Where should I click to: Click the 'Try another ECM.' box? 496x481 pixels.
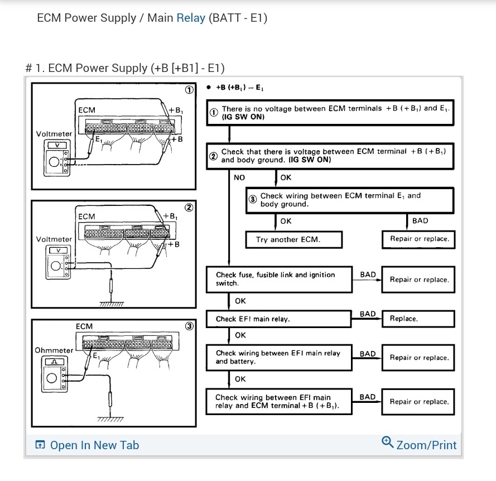(287, 240)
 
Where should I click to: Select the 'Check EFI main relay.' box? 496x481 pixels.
(279, 319)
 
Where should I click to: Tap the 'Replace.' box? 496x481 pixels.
(418, 319)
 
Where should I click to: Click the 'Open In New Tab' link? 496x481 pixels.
(86, 445)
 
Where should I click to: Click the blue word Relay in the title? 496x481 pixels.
(191, 18)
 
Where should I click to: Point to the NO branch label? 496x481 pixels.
(239, 177)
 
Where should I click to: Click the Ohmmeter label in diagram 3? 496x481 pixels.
(54, 350)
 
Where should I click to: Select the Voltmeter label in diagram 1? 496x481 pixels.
(54, 134)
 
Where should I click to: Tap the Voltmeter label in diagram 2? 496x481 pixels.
(54, 239)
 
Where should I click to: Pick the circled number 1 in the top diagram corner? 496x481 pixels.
(189, 90)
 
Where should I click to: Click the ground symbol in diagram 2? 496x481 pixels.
(112, 304)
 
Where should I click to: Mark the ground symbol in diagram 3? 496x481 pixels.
(110, 419)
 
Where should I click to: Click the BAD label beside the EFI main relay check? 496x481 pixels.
(368, 314)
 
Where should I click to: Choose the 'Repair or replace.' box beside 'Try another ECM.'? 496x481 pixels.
(418, 239)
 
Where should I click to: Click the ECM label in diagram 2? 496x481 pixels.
(86, 217)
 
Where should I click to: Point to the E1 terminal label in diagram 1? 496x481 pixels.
(98, 140)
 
